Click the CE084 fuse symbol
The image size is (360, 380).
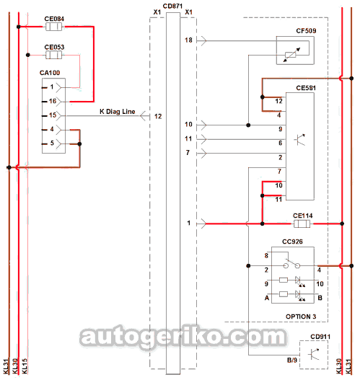point(54,27)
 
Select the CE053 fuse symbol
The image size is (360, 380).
point(54,55)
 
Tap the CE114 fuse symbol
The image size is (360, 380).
point(302,224)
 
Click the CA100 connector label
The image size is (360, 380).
point(50,73)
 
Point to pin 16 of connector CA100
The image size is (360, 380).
point(53,101)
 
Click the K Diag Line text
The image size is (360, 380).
point(118,112)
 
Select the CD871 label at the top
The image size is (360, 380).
point(172,6)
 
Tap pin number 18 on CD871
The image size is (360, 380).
point(188,40)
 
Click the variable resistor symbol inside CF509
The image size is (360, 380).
point(291,55)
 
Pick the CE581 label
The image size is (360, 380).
point(306,88)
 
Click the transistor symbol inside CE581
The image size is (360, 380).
point(299,139)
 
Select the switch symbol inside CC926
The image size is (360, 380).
point(292,265)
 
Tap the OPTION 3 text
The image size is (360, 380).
point(301,317)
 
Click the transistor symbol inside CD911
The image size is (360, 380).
point(313,354)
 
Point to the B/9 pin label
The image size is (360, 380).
point(292,360)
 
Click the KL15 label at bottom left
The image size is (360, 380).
point(25,366)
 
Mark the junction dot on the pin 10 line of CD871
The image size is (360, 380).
point(248,125)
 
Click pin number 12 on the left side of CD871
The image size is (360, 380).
point(158,116)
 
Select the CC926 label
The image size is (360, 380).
point(292,242)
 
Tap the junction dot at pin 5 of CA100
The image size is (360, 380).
point(79,144)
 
